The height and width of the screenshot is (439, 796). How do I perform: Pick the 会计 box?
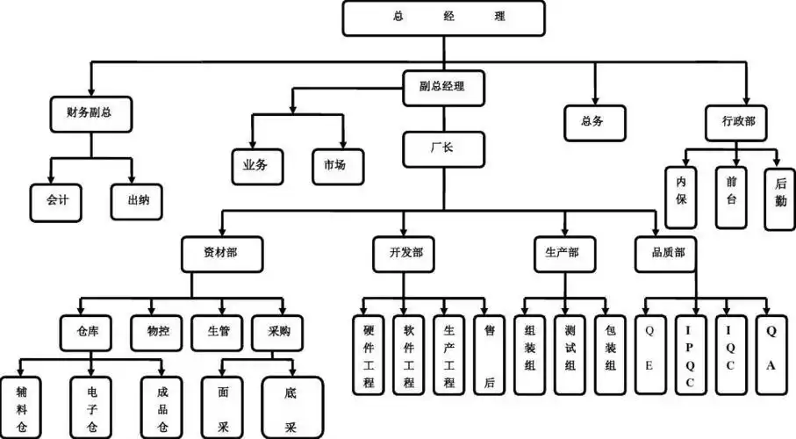56,200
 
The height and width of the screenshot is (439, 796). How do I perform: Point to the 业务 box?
255,164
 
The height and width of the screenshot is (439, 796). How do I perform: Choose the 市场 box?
334,164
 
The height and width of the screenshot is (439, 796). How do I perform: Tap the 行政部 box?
737,122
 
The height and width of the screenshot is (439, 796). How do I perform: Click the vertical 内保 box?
680,198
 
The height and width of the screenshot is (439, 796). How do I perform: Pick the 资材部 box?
220,253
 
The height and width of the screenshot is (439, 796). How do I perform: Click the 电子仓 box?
93,407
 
